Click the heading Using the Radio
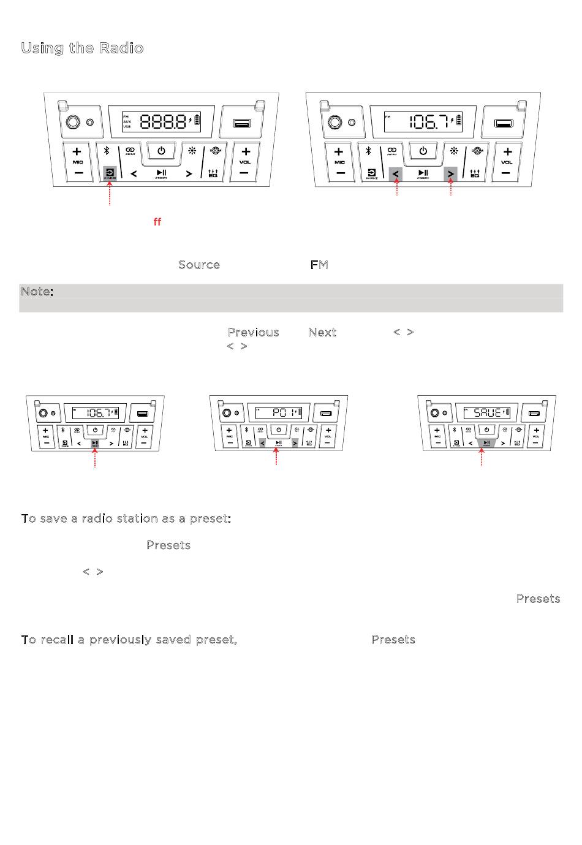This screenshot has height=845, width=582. tap(82, 48)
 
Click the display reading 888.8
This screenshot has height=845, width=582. tap(163, 121)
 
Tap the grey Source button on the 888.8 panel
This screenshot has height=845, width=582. tap(110, 173)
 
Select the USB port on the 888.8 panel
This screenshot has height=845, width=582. tap(241, 123)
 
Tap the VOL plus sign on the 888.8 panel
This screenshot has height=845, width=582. tap(245, 151)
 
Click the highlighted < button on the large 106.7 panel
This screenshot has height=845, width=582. tap(396, 174)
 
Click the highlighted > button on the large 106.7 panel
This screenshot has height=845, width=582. tap(450, 174)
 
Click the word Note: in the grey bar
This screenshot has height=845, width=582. tap(37, 292)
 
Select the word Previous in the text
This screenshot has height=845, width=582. tap(253, 332)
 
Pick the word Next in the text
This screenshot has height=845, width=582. tap(322, 332)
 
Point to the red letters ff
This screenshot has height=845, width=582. tap(157, 222)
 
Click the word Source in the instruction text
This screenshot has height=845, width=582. tap(199, 265)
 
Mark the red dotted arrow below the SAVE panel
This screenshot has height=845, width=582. tap(482, 457)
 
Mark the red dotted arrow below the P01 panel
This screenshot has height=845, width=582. tap(277, 457)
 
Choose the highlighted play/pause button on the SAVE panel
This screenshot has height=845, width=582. tap(486, 442)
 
